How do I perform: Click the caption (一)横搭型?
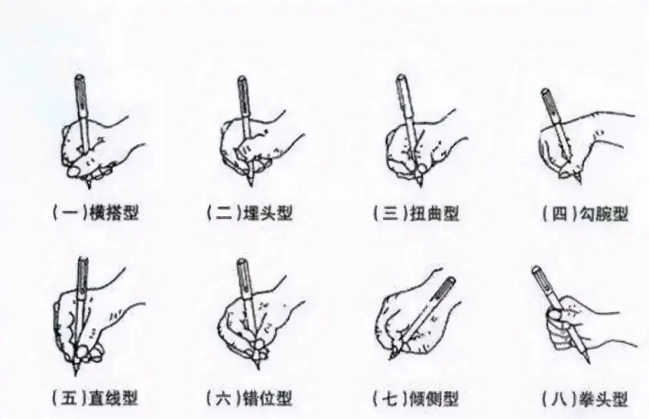(x=96, y=213)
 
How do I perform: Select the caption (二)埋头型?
(x=250, y=213)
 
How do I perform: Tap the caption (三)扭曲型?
(x=416, y=213)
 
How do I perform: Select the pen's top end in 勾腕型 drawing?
(x=545, y=91)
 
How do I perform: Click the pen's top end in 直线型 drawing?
(x=83, y=260)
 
